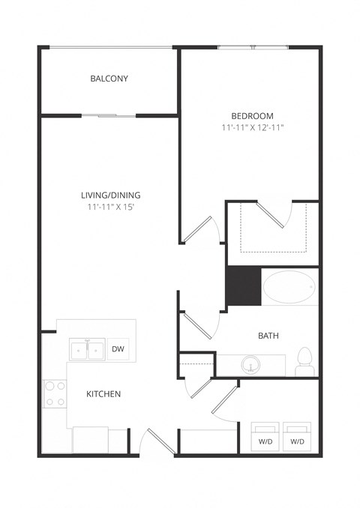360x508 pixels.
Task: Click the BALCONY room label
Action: click(x=109, y=79)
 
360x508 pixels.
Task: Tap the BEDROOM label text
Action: click(x=252, y=115)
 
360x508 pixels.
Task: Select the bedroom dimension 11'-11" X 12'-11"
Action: click(x=252, y=128)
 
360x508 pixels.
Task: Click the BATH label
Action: click(x=268, y=336)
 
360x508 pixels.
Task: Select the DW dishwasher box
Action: click(x=118, y=348)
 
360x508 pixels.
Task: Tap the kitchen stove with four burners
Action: click(x=55, y=394)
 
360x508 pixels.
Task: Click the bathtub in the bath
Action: click(x=289, y=287)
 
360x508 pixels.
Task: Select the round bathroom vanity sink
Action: click(x=250, y=365)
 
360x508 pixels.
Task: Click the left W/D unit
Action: click(x=266, y=437)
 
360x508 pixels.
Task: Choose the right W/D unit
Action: click(x=297, y=437)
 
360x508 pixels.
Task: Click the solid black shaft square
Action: click(x=243, y=286)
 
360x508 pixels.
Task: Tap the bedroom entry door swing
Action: click(x=200, y=229)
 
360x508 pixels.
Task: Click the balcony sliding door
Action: click(x=109, y=115)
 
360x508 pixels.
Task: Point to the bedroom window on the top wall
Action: click(x=252, y=48)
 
